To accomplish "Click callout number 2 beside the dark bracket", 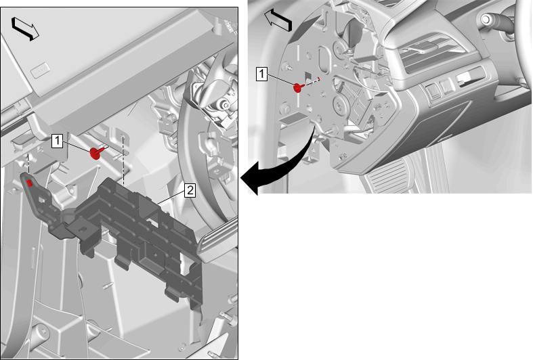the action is (x=190, y=190).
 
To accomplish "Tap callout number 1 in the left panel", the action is (x=57, y=141).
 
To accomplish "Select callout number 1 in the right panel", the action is (x=261, y=74).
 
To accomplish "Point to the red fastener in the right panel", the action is (x=298, y=87).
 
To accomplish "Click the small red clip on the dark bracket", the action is (x=30, y=183).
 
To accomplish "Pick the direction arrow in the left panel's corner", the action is (x=25, y=29).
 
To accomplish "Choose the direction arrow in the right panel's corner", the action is (x=278, y=20).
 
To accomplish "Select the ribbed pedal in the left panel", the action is (x=217, y=241).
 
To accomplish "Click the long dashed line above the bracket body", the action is (x=123, y=160).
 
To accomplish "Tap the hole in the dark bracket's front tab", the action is (x=82, y=229).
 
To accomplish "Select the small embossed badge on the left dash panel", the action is (x=40, y=70).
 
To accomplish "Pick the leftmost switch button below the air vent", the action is (x=433, y=91).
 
